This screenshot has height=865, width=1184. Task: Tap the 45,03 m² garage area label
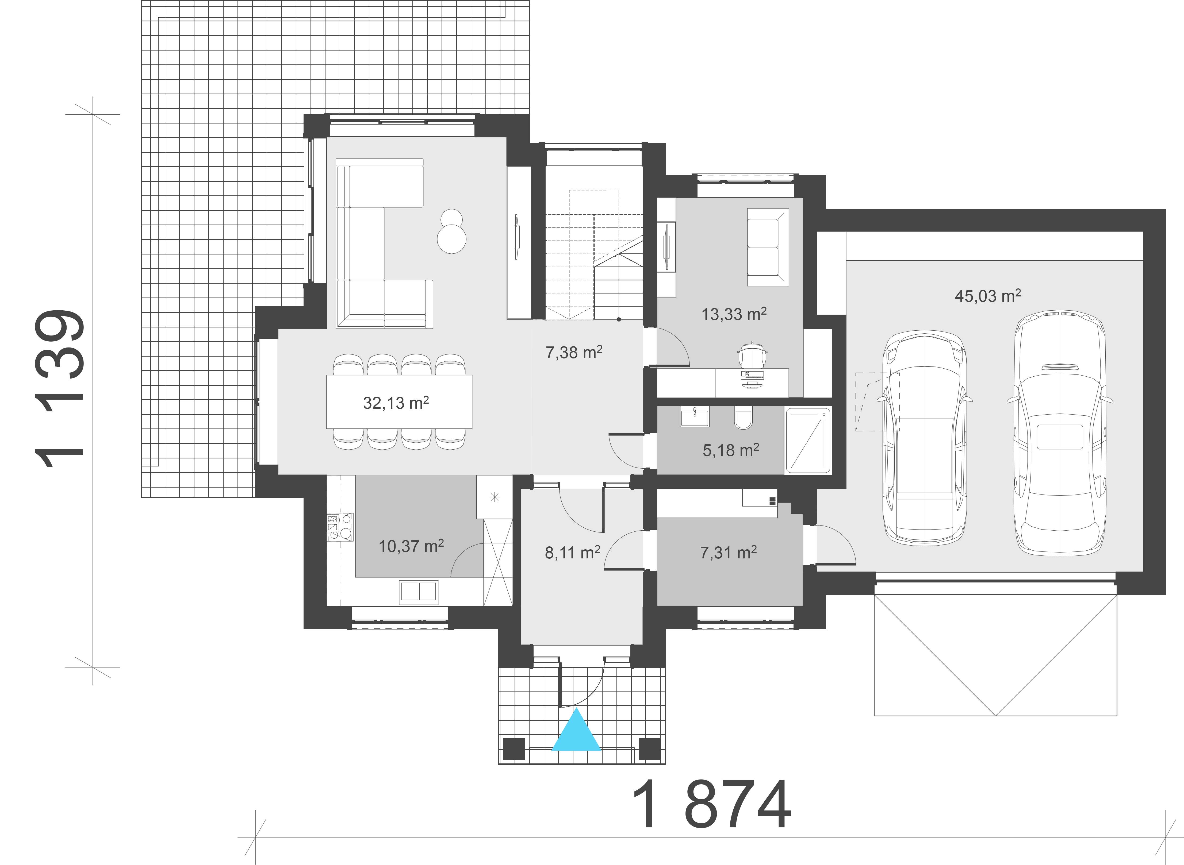(987, 296)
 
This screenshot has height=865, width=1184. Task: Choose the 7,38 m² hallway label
(574, 352)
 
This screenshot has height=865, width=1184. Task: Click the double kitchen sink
(418, 591)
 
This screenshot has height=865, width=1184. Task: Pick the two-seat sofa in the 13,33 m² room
(768, 247)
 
